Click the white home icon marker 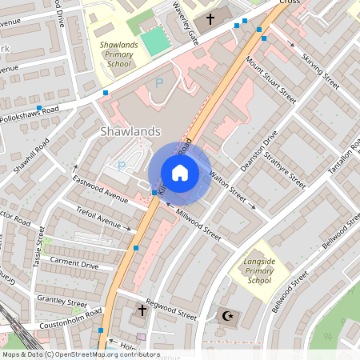[x=180, y=173]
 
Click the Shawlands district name [x=131, y=130]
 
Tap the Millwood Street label [x=198, y=226]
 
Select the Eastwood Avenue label [x=99, y=189]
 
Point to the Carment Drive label [x=74, y=263]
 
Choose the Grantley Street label [x=61, y=303]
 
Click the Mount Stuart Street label [x=272, y=82]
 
